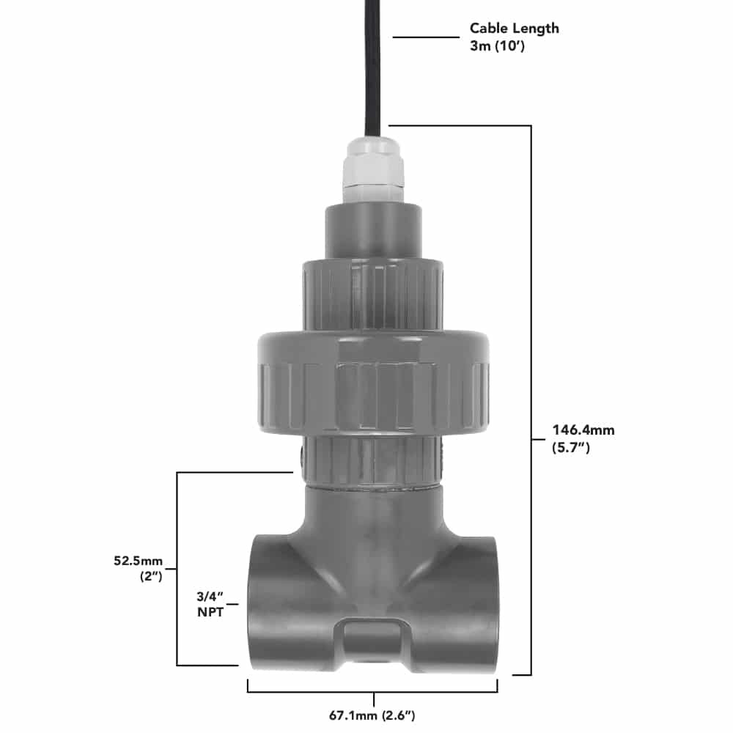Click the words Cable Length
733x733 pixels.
coord(514,28)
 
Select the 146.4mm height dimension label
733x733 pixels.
coord(583,430)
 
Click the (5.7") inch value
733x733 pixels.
coord(571,448)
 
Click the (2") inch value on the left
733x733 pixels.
coord(150,576)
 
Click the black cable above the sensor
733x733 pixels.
coord(373,66)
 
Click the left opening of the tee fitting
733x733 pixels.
coord(264,601)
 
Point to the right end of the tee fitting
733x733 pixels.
coord(484,601)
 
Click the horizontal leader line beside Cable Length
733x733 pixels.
coord(425,37)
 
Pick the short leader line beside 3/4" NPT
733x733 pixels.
coord(234,605)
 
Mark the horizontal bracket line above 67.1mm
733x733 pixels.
coord(373,691)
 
